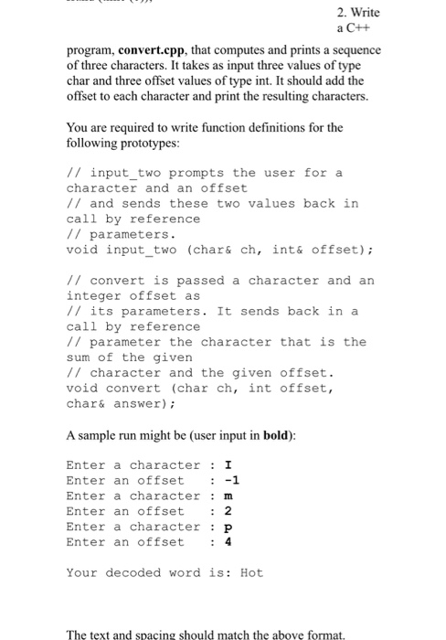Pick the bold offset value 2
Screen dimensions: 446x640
(228, 511)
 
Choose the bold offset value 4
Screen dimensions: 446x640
(228, 542)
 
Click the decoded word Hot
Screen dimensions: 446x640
(251, 572)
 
